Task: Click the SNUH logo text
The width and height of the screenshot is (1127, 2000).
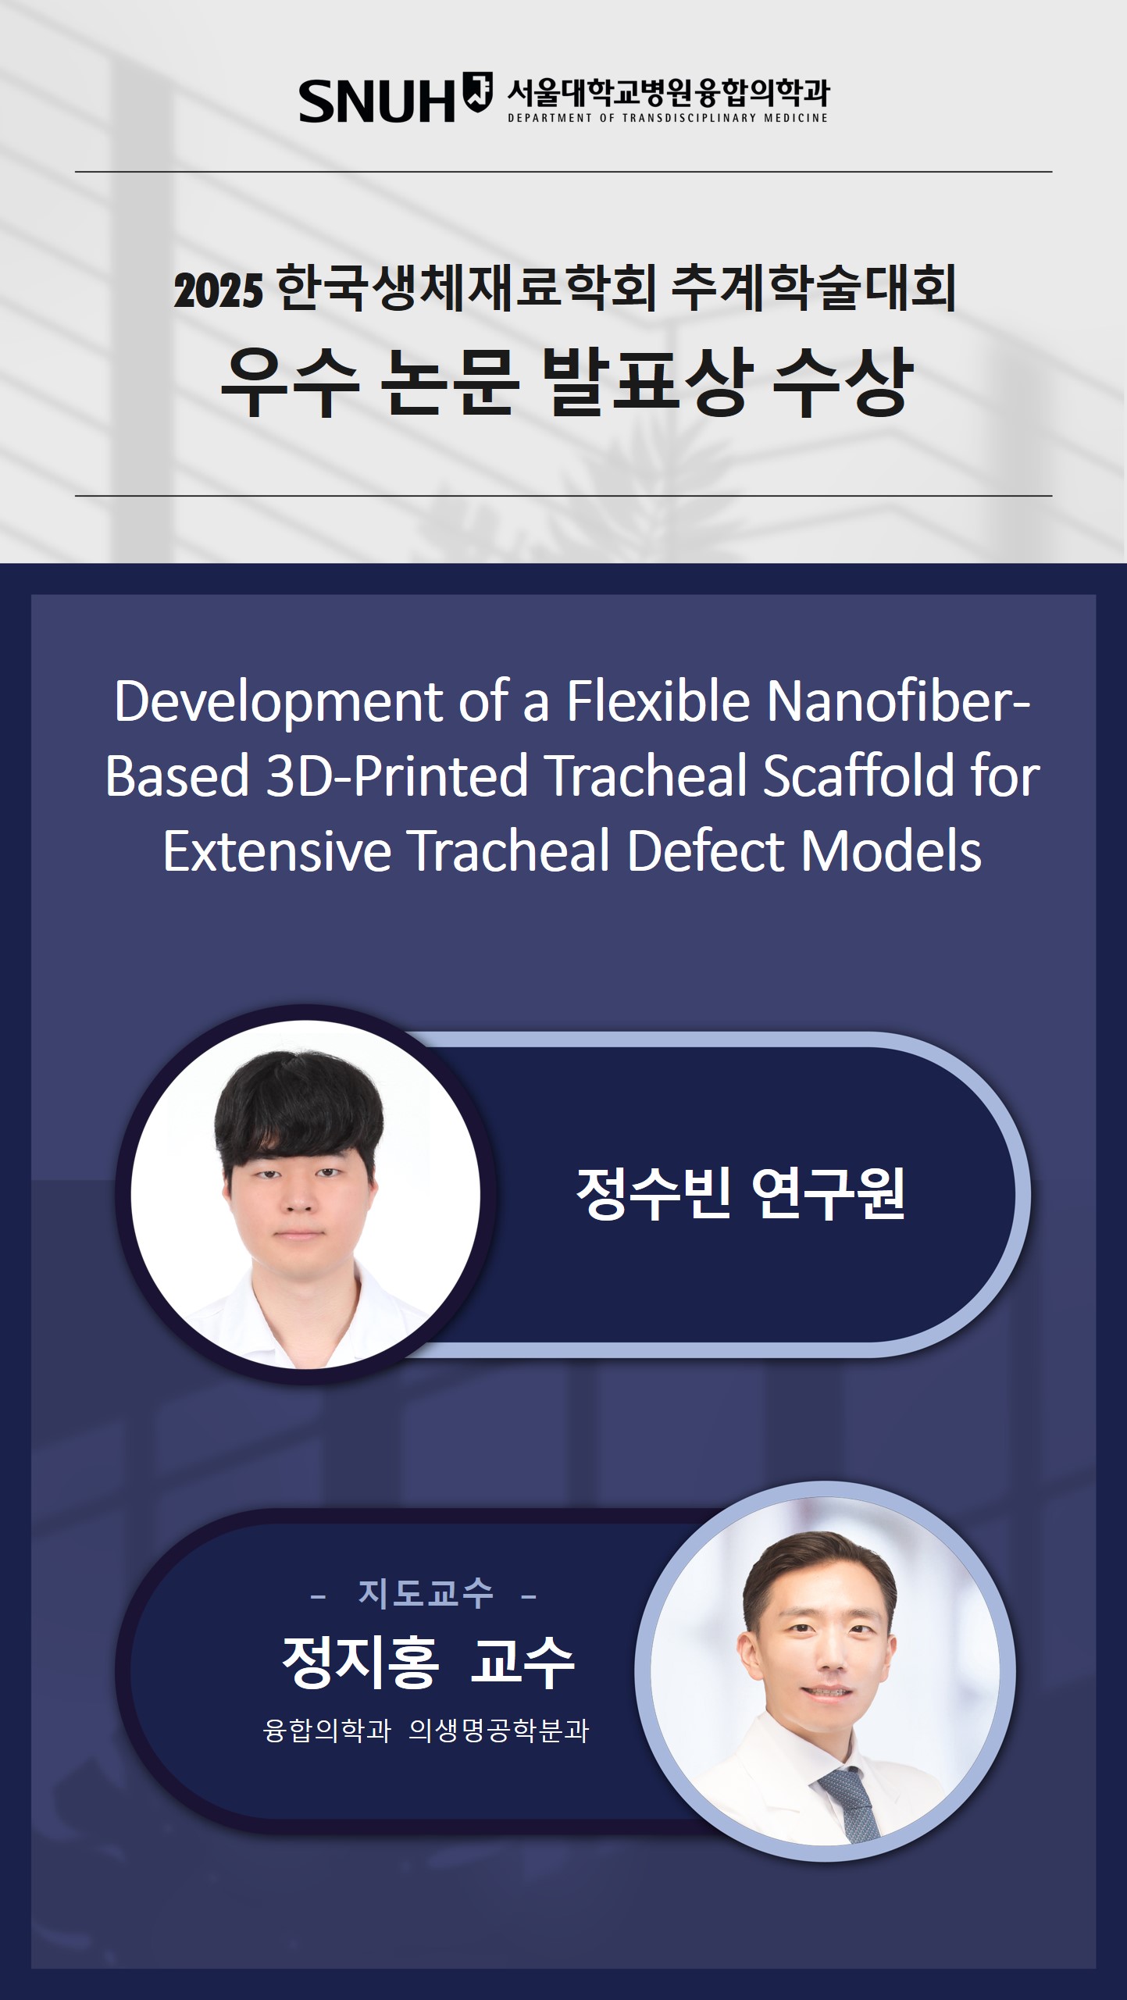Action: click(376, 101)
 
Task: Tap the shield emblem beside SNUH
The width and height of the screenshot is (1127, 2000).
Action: click(477, 91)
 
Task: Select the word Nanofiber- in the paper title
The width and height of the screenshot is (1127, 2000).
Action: click(898, 701)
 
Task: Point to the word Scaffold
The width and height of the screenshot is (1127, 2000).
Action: click(858, 776)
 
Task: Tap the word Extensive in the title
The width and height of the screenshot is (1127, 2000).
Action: click(277, 851)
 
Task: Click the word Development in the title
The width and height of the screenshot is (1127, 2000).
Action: click(278, 701)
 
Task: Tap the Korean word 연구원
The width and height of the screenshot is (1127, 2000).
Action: click(828, 1193)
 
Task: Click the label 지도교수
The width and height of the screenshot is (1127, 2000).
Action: click(426, 1593)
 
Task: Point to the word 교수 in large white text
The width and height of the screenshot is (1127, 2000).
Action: click(522, 1663)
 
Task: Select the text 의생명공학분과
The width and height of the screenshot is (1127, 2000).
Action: click(499, 1731)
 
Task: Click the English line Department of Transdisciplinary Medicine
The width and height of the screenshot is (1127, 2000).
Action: click(668, 118)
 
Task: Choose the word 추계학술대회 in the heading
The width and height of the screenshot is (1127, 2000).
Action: click(814, 288)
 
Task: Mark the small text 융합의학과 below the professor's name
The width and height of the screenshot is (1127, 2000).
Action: click(327, 1731)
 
